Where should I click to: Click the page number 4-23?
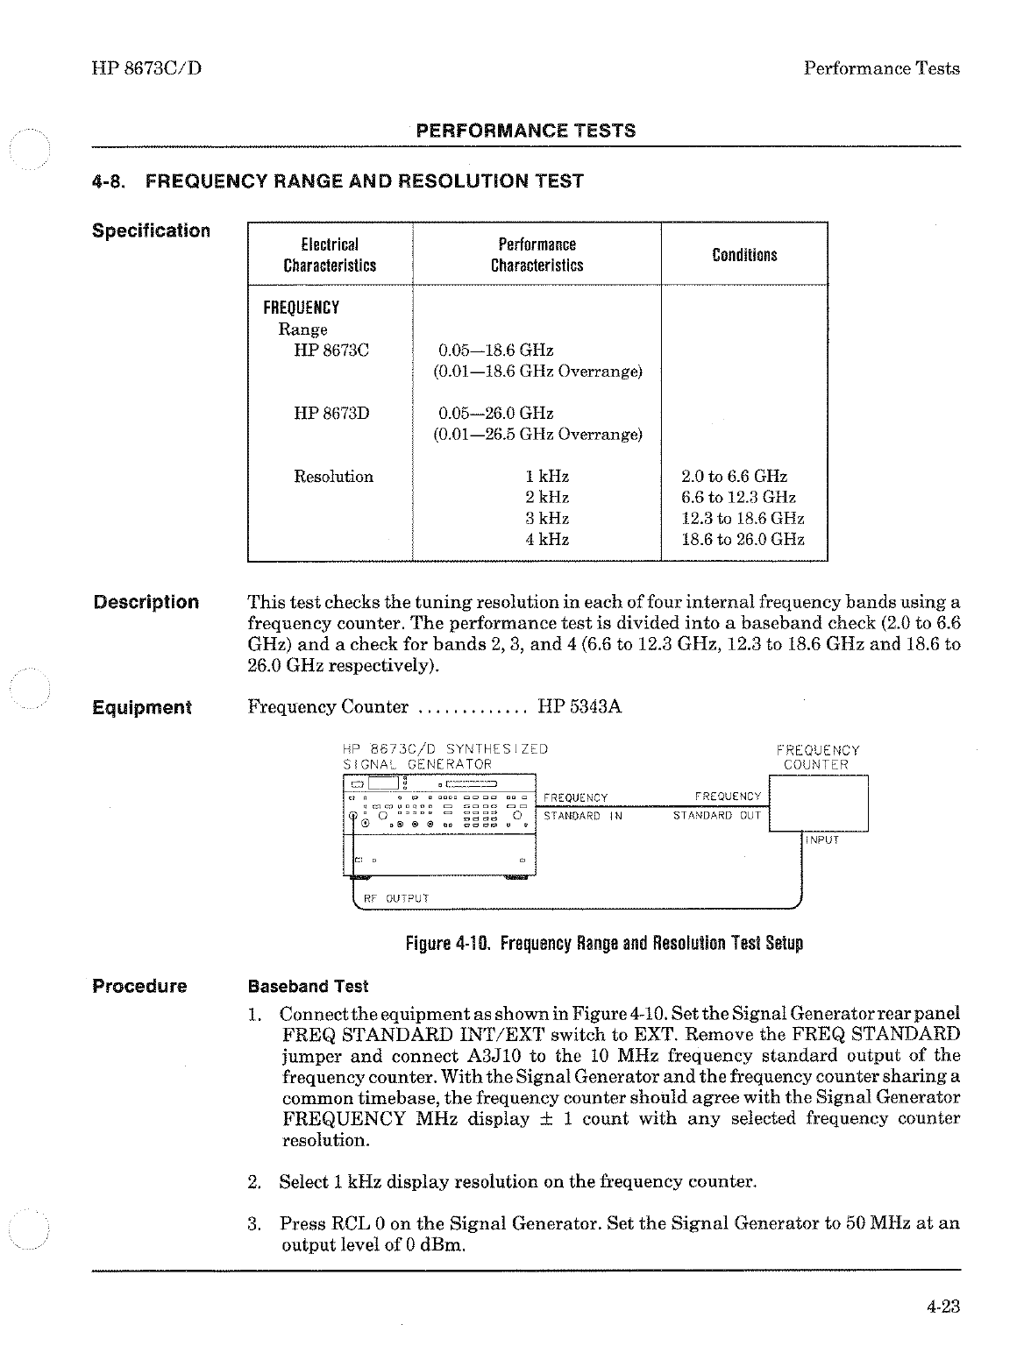942,1307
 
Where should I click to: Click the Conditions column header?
744,255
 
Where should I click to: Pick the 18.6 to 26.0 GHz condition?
743,540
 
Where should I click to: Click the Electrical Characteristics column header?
330,255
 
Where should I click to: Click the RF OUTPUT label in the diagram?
395,898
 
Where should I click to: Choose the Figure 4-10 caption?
604,944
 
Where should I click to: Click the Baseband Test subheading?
309,987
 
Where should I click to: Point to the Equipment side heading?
142,708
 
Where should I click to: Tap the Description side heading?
146,603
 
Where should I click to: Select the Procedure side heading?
140,987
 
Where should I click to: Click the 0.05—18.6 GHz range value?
495,351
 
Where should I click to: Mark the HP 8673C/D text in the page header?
146,68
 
